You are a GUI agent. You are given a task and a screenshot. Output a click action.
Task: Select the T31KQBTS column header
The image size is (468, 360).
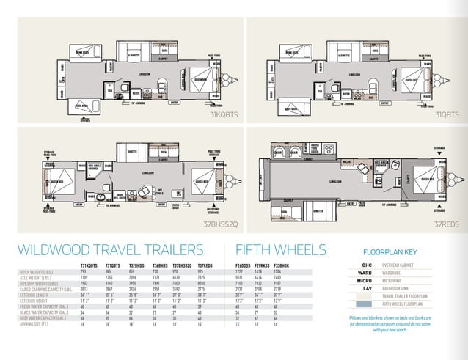point(89,264)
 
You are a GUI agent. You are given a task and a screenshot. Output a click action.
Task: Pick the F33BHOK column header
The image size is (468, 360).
point(280,264)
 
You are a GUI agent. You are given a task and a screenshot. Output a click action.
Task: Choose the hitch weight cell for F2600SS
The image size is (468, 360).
point(238,271)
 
